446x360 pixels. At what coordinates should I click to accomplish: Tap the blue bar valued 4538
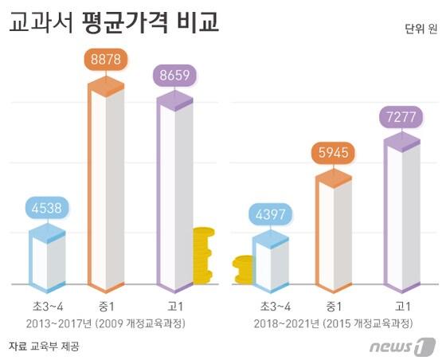click(x=47, y=259)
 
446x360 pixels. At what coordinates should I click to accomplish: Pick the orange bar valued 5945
click(x=334, y=235)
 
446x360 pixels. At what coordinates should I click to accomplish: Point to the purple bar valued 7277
click(x=402, y=215)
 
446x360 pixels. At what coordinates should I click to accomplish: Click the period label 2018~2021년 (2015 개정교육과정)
click(x=334, y=324)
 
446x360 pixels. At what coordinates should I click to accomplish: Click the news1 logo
click(x=402, y=346)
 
